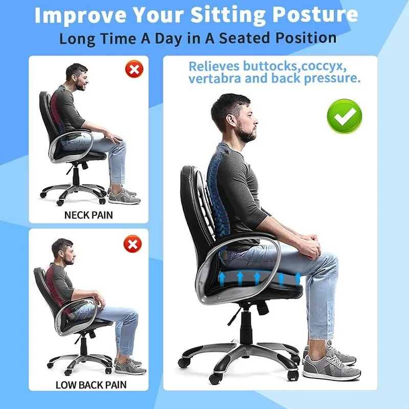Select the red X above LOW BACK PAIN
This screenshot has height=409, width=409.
click(132, 243)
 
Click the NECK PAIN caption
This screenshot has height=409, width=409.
click(88, 215)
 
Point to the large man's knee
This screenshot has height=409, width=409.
click(327, 258)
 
